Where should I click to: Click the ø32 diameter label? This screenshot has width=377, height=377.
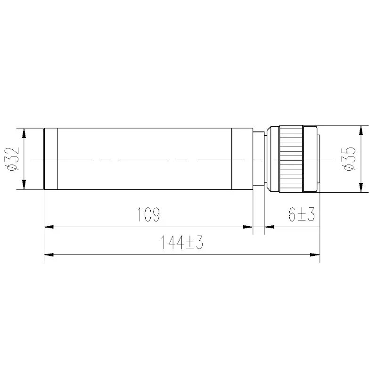tap(13, 159)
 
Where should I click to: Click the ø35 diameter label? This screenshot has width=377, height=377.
tap(349, 159)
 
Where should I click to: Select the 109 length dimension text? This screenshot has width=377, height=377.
tap(148, 214)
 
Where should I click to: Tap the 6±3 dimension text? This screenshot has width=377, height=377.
tap(302, 214)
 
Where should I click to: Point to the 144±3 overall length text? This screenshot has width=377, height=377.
tap(182, 242)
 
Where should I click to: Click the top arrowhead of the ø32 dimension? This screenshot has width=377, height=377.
tap(24, 133)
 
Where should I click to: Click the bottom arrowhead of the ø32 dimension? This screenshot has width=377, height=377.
tap(24, 185)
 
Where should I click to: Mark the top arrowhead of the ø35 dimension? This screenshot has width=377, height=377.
tap(361, 131)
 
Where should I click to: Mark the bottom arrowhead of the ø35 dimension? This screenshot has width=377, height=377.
tap(361, 188)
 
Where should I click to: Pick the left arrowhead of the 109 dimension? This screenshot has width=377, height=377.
tap(49, 227)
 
